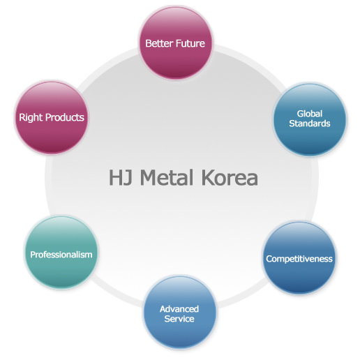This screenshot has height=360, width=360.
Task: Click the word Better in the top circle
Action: click(x=159, y=43)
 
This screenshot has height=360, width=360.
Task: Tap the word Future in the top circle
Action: click(x=190, y=43)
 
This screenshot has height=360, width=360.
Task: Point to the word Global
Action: click(x=310, y=114)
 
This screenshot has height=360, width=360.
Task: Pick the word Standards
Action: click(x=310, y=123)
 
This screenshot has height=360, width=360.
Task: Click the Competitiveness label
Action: click(x=299, y=259)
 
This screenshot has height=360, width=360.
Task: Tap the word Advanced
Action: click(x=179, y=309)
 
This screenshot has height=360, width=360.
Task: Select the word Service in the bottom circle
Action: click(x=179, y=319)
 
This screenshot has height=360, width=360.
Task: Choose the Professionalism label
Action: click(x=61, y=255)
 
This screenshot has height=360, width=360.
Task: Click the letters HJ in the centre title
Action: click(x=121, y=177)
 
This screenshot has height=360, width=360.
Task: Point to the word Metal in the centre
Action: click(x=167, y=177)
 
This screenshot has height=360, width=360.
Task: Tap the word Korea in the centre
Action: click(x=230, y=177)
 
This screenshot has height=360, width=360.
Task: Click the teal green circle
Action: click(x=61, y=253)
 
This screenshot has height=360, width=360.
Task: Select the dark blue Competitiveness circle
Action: click(x=299, y=257)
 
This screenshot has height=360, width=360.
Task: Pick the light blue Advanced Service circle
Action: click(x=179, y=312)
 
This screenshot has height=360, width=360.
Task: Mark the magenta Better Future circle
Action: click(x=176, y=43)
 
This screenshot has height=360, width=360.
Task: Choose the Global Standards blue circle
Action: click(x=310, y=119)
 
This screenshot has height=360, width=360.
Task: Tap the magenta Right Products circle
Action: click(x=52, y=117)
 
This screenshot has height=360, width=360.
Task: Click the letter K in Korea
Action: click(x=208, y=177)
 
